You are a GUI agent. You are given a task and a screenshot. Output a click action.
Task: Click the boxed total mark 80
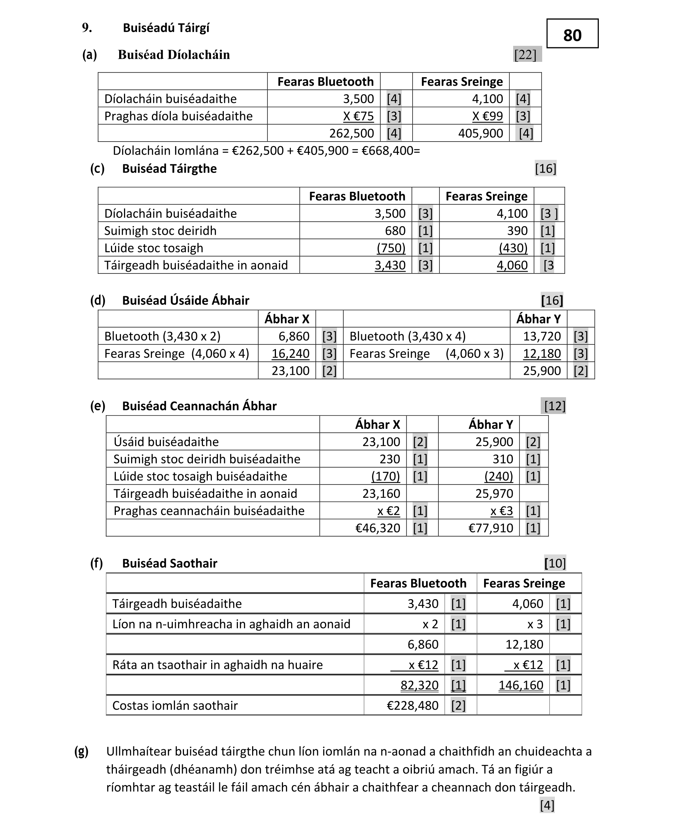[572, 35]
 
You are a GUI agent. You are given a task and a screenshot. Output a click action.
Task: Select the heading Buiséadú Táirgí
[166, 28]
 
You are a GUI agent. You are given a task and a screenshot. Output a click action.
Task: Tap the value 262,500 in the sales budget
[352, 133]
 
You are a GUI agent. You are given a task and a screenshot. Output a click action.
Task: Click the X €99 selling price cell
[487, 116]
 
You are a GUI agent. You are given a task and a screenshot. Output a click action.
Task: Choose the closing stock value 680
[395, 231]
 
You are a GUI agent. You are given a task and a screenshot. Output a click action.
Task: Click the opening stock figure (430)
[513, 248]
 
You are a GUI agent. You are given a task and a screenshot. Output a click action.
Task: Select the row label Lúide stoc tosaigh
[154, 248]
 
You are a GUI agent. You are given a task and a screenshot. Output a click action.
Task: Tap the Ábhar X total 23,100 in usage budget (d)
[290, 371]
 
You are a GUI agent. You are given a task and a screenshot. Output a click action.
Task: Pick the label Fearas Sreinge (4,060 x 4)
[176, 354]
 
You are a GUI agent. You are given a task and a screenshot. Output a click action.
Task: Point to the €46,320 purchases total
[378, 528]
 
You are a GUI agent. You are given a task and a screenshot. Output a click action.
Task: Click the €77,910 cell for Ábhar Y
[490, 528]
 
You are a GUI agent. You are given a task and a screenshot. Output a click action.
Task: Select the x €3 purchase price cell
[502, 511]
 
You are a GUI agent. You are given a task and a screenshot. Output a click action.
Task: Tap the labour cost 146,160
[521, 685]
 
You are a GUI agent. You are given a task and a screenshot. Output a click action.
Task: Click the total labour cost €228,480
[412, 705]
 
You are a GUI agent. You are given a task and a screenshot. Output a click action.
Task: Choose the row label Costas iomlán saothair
[175, 705]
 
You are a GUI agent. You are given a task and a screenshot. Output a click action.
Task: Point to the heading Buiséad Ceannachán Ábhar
[199, 406]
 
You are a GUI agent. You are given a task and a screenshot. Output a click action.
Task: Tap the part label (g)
[82, 751]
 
